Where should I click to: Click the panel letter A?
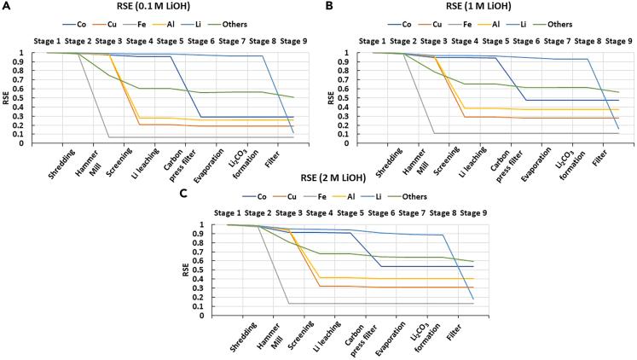(6, 6)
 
